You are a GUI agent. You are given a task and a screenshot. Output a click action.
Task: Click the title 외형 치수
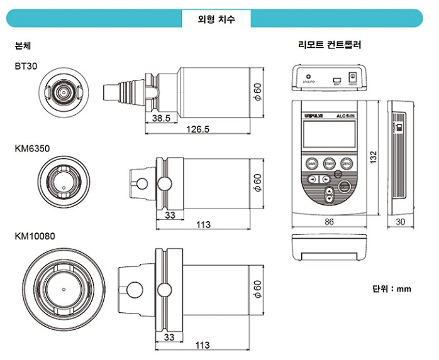point(216,18)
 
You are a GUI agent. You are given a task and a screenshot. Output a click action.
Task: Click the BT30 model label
point(27,66)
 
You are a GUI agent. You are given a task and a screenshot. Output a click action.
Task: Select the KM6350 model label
point(32,149)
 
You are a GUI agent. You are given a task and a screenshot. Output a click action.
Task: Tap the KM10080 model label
point(35,237)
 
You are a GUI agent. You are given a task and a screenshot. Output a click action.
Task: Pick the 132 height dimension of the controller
point(374,155)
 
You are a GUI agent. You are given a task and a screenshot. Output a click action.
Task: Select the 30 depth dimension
point(401,221)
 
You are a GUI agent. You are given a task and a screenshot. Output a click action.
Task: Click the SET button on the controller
point(343,187)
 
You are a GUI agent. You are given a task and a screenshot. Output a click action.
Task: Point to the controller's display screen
point(329,134)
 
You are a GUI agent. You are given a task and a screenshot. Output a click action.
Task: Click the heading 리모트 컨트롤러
point(329,45)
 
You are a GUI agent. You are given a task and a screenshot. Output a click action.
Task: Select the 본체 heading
point(23,46)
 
